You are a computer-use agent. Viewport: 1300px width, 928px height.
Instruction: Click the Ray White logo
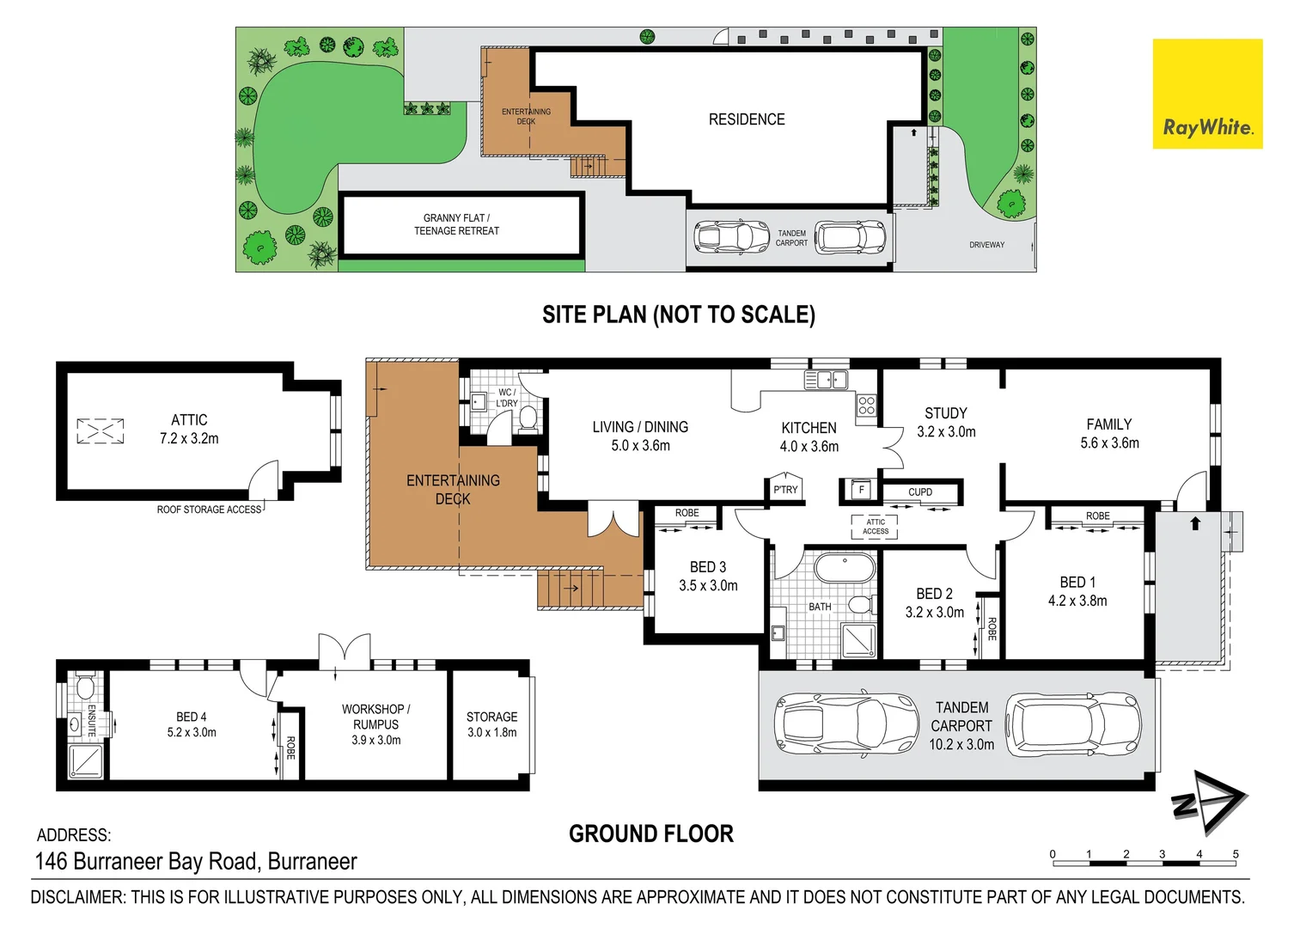tap(1207, 94)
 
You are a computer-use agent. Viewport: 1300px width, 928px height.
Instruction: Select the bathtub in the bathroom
tap(845, 568)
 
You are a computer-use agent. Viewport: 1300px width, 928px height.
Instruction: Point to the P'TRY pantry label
tap(785, 489)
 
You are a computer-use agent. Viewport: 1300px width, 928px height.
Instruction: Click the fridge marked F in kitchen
tap(861, 490)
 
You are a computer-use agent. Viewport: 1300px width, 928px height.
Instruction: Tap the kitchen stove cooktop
tap(866, 406)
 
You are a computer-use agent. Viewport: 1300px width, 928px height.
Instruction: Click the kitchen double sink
tap(826, 379)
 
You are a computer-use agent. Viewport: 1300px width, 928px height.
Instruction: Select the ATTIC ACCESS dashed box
tap(875, 527)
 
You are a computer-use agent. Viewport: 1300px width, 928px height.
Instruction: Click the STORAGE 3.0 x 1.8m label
tap(491, 724)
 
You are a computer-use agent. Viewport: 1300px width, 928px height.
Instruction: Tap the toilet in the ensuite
tap(84, 687)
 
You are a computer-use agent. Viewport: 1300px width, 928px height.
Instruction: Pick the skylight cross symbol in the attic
tap(101, 430)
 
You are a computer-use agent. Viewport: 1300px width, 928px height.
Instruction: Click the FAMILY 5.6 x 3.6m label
tap(1109, 434)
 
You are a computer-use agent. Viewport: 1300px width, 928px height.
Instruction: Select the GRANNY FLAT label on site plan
tap(456, 224)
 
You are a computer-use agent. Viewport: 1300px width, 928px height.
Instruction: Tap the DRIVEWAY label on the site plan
tap(986, 245)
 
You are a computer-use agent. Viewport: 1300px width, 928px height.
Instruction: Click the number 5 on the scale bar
tap(1236, 854)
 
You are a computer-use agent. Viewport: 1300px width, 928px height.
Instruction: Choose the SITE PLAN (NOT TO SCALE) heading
tap(678, 314)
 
